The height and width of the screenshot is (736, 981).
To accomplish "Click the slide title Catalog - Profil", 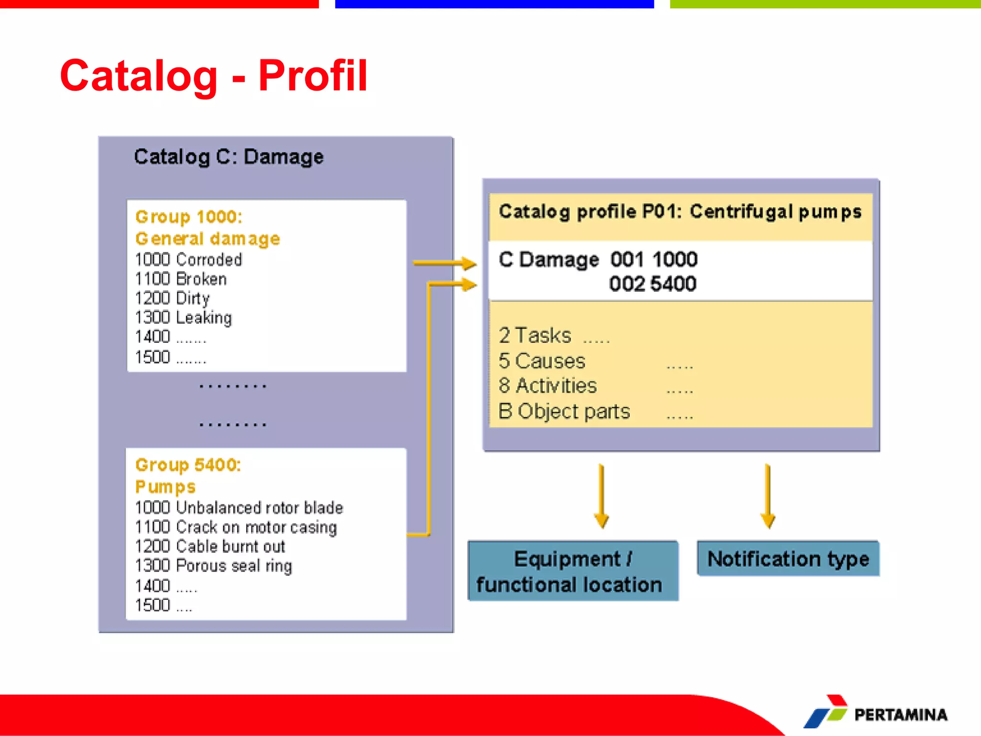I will [214, 76].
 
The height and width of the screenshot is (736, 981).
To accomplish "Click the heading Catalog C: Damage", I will [228, 157].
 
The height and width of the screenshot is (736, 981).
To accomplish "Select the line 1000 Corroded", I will [188, 260].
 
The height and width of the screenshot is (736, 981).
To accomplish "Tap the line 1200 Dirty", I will [172, 299].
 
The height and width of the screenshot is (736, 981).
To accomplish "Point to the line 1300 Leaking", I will [183, 318].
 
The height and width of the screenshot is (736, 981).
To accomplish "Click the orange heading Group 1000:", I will [189, 217].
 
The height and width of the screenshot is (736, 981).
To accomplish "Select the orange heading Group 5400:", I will [188, 465].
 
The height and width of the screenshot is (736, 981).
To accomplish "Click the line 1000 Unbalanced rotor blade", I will [239, 507].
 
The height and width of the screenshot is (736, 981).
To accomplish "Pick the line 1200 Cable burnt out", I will [210, 546].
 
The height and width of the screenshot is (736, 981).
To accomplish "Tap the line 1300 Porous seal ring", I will [213, 566].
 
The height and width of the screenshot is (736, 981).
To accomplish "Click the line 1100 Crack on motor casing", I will [236, 527].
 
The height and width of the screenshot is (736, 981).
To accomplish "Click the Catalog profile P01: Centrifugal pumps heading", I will [680, 212].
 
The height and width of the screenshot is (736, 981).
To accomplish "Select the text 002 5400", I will [652, 284].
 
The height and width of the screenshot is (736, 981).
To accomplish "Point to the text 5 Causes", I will [542, 361].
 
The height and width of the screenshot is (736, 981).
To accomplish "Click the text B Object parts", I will [564, 412].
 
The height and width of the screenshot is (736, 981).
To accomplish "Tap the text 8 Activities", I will [548, 386].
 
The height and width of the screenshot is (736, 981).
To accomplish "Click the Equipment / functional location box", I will [573, 571].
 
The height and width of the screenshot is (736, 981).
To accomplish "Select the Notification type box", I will [788, 559].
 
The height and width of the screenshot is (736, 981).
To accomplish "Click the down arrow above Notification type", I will [768, 496].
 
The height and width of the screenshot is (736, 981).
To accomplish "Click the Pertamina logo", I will [876, 713].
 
